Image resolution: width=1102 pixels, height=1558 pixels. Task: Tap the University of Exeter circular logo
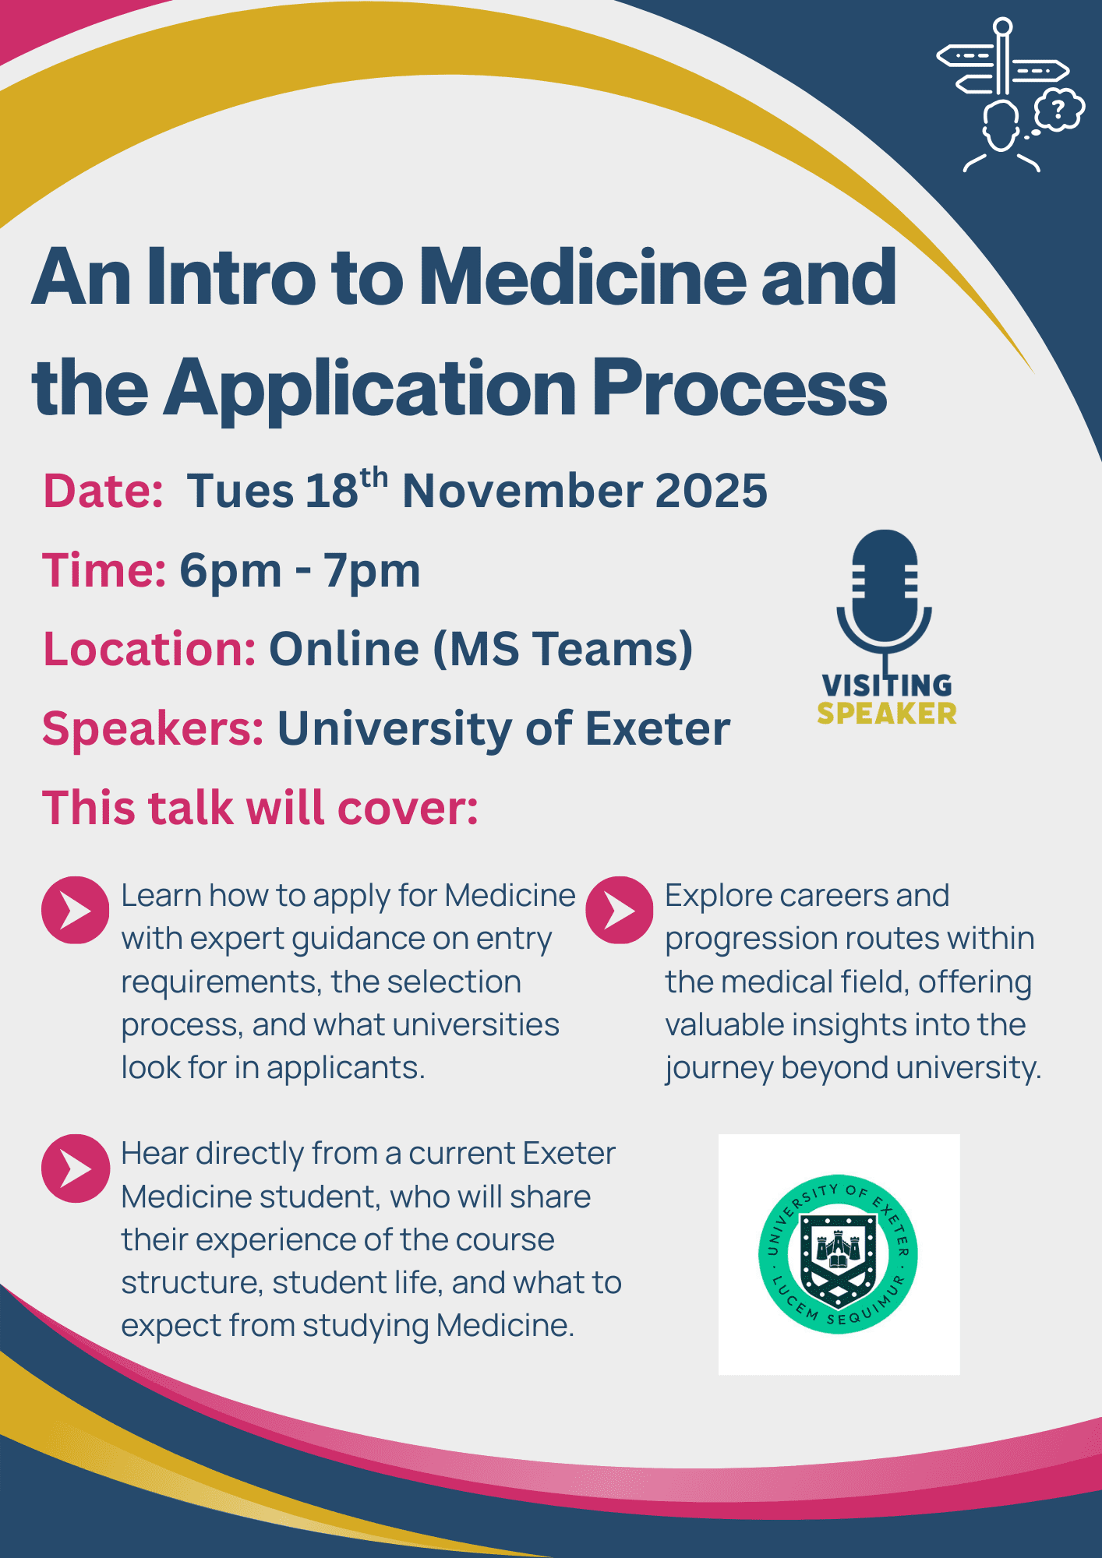(x=838, y=1254)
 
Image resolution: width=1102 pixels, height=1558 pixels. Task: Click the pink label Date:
(x=103, y=491)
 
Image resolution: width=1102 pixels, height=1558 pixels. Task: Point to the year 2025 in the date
(x=711, y=491)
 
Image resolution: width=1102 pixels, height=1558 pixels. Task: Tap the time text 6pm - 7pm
(x=300, y=571)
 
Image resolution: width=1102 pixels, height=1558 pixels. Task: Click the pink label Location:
(x=149, y=649)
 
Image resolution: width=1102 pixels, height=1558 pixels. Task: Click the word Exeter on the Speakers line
(x=658, y=729)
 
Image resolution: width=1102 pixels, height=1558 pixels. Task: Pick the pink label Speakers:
(x=153, y=730)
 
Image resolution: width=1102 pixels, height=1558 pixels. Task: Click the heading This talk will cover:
(x=260, y=808)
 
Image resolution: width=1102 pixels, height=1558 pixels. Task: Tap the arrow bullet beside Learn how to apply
(x=75, y=911)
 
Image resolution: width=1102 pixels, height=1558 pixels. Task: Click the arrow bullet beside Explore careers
(x=619, y=911)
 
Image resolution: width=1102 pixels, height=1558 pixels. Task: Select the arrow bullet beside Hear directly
(x=75, y=1168)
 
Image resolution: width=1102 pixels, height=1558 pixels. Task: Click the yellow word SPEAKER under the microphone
(x=887, y=714)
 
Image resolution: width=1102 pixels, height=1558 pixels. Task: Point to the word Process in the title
(x=740, y=387)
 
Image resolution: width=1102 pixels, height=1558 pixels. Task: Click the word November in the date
(x=521, y=491)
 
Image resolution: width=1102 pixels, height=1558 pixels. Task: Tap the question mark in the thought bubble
(x=1058, y=109)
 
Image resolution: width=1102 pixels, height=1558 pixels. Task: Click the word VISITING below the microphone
(x=887, y=686)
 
